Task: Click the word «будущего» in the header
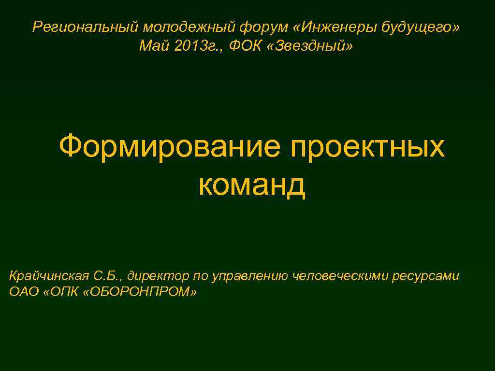pos(422,28)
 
